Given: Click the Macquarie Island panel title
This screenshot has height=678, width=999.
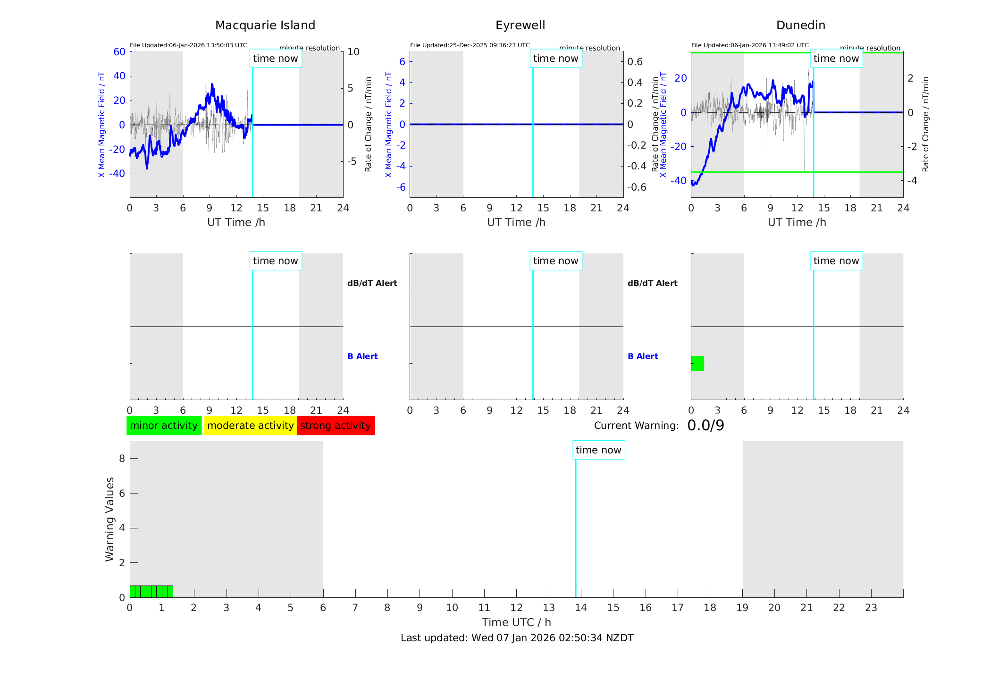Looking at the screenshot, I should click(265, 25).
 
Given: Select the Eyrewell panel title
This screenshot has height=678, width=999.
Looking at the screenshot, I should click(520, 25).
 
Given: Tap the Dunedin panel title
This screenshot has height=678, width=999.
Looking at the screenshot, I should click(800, 25).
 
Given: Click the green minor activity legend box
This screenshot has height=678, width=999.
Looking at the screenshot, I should click(164, 426).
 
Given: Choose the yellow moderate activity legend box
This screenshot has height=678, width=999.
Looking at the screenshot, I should click(250, 426).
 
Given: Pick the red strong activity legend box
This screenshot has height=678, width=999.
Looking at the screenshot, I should click(336, 426).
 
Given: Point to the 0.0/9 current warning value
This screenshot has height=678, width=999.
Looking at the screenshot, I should click(705, 426).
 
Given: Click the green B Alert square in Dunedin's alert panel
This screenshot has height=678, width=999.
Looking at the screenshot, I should click(697, 363).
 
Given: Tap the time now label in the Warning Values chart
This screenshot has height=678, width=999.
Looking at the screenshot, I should click(598, 450).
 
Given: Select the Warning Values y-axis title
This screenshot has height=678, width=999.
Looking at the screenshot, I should click(110, 519).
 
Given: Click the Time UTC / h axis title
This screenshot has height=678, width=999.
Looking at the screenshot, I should click(516, 622).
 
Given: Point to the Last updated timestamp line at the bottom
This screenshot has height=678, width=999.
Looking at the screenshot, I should click(517, 638).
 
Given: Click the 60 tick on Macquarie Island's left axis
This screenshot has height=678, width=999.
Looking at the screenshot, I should click(119, 52).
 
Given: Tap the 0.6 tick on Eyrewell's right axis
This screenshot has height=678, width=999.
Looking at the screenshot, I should click(635, 62).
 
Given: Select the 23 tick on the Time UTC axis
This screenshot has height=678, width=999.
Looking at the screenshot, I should click(871, 608).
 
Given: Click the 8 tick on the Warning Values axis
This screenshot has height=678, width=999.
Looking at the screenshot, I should click(122, 459).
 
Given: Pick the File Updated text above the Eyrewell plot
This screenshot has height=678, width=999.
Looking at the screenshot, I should click(470, 45).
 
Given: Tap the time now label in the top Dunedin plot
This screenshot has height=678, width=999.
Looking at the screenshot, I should click(836, 59).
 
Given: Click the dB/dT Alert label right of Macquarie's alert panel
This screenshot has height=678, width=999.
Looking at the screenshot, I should click(372, 283).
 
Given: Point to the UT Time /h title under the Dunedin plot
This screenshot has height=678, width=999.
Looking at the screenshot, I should click(797, 222).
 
